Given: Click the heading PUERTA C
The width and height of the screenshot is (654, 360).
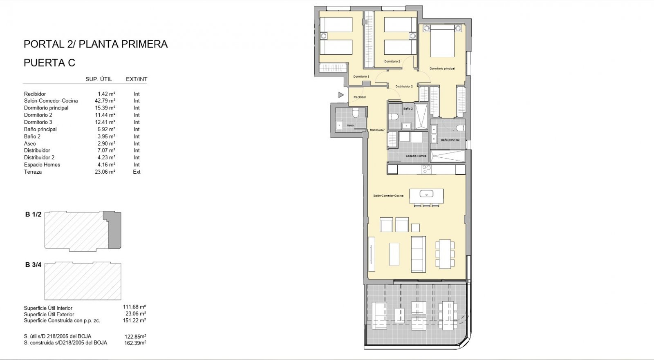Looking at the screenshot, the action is pos(49,63).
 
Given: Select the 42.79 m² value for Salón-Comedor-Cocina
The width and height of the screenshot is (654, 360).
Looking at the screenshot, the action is pos(105,101).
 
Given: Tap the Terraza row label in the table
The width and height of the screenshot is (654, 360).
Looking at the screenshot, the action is pos(33,172).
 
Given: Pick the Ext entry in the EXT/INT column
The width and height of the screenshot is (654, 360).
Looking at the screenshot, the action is pos(137,172).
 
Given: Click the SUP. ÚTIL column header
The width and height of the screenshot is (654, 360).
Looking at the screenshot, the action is pos(99,79).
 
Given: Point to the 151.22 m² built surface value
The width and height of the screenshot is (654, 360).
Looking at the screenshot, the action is pos(134,320).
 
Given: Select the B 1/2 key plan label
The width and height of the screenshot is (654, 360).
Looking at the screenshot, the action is pos(33,214).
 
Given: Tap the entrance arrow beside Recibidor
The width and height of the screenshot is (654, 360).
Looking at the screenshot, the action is pos(341,95).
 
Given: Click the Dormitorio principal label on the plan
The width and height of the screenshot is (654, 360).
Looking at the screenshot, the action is pos(442,69).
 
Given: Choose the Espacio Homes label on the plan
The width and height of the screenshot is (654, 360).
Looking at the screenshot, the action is pos(416,156).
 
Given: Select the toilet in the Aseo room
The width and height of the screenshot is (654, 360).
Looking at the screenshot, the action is pos(355,113).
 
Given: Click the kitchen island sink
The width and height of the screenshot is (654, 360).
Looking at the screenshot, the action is pos(427,194).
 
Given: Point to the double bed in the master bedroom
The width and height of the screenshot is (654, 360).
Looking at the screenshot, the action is pos(442,41).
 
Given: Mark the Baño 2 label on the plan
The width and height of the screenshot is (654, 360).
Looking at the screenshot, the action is pos(408,109).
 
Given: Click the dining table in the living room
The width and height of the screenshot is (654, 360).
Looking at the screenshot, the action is pos(445,254).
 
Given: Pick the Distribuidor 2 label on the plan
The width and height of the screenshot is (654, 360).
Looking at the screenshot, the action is pos(404,86).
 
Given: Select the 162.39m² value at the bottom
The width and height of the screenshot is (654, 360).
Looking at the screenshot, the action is pos(135,343).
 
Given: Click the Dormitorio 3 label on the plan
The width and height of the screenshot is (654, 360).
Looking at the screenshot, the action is pos(361,76).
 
